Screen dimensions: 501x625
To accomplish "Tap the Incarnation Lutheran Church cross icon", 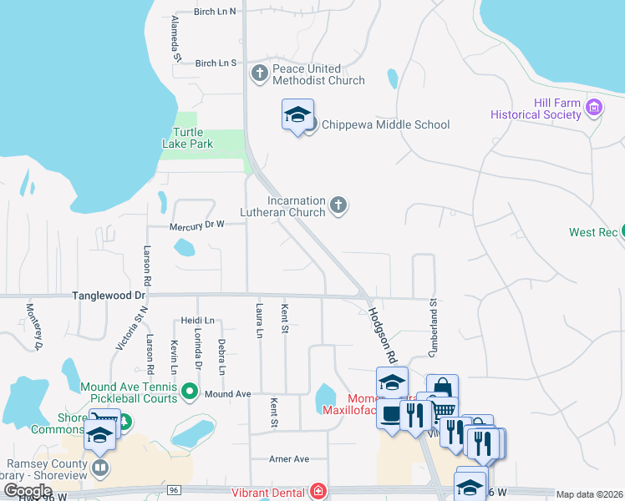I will [x=338, y=205].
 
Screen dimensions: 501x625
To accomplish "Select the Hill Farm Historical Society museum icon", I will [x=594, y=107].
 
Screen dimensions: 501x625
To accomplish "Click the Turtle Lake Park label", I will [x=187, y=138].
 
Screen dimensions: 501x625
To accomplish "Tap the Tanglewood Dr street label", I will [x=109, y=296].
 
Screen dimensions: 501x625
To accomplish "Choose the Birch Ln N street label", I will [x=215, y=12].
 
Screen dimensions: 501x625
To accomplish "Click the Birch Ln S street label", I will [x=216, y=63].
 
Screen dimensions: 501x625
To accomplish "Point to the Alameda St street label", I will [x=176, y=38].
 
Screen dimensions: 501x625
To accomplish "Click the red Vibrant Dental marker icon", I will [x=318, y=492].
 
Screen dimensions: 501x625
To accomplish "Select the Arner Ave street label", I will [x=289, y=459].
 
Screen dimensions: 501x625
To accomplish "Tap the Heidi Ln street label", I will [x=197, y=321].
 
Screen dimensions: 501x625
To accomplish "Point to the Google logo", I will [x=28, y=491].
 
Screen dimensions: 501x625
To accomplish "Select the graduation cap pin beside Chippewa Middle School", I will [x=297, y=115].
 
